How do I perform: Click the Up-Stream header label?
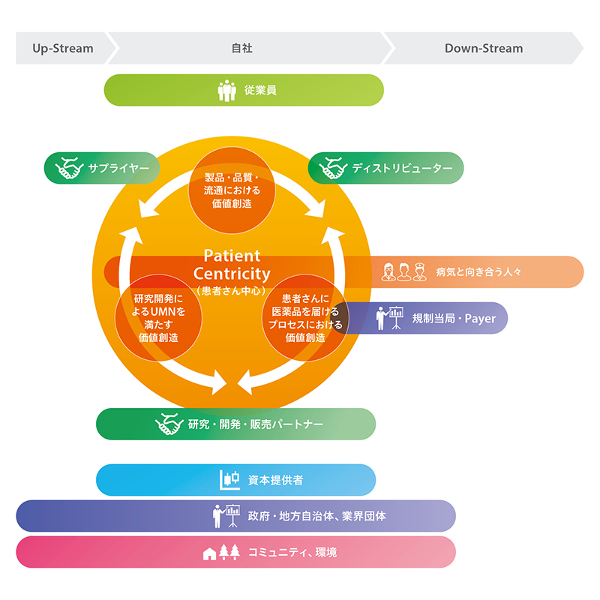tap(63, 49)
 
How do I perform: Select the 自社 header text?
tap(241, 48)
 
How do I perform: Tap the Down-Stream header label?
tap(484, 48)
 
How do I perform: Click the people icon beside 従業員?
tap(227, 91)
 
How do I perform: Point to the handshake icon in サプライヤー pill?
tap(69, 167)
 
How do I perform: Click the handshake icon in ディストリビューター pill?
tap(333, 167)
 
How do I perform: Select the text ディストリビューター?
tap(403, 168)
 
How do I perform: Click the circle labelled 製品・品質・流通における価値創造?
tap(232, 190)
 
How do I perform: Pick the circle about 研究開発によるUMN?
tap(158, 317)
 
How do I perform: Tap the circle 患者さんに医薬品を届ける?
tap(305, 317)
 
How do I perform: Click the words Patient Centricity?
tap(232, 265)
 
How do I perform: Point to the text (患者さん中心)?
tap(232, 291)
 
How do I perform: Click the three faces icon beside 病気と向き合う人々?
tap(404, 272)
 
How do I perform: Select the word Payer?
tap(480, 318)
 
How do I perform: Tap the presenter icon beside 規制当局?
tap(389, 318)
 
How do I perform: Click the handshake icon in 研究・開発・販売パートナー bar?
tap(169, 424)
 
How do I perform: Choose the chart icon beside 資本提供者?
tap(230, 480)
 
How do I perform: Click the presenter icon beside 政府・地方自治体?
tap(226, 516)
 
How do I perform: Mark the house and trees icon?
tap(221, 552)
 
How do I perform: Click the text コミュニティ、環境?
tap(292, 552)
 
